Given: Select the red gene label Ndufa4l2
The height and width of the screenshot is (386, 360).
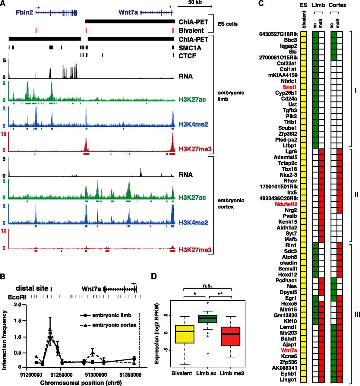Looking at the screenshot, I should [286, 204].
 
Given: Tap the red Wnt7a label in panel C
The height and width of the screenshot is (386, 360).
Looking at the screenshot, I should [289, 350].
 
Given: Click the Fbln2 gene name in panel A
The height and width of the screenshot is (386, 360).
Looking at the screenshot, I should [24, 12].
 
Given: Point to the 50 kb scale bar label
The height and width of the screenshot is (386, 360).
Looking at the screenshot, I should [195, 2].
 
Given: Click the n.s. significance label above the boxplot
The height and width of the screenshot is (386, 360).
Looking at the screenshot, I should [207, 286].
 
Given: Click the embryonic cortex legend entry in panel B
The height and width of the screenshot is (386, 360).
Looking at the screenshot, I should [114, 325].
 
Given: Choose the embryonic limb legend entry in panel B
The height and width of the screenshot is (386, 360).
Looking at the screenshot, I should [112, 315].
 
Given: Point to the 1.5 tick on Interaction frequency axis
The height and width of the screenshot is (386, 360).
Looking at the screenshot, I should [18, 321].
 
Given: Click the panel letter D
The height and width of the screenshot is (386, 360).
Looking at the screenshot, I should [154, 276].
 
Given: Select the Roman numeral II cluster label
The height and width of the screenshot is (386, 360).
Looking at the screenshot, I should [356, 195].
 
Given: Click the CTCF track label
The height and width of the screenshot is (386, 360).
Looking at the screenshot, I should [187, 56].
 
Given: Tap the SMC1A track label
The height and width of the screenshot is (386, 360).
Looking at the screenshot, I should [190, 48].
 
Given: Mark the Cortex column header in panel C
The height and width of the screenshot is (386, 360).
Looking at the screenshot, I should [337, 5].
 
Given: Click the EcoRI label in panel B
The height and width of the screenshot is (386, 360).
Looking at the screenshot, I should [17, 297].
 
